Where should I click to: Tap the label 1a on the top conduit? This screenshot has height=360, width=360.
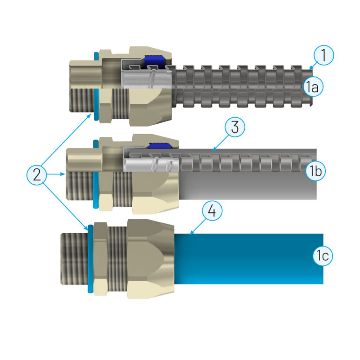click(x=312, y=86)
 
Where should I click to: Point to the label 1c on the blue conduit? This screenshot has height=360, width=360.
click(x=323, y=255)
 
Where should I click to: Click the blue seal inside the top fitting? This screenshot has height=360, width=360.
click(x=153, y=60)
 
